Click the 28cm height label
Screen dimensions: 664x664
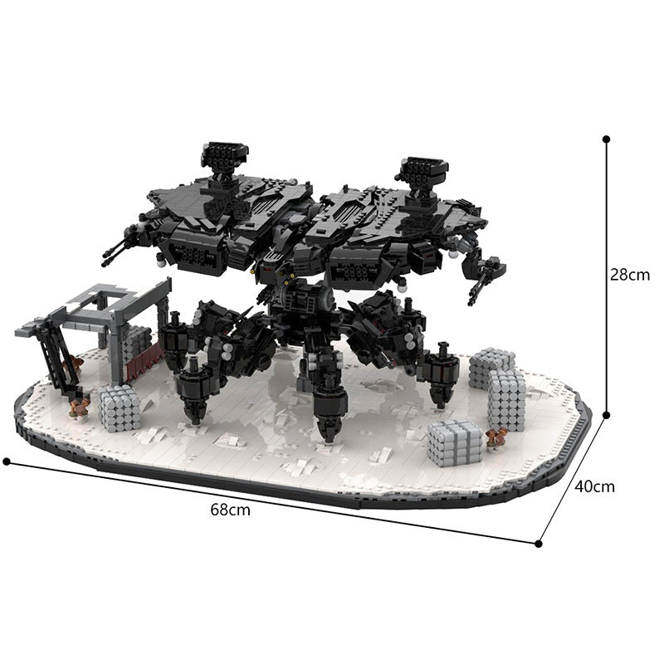[x=629, y=275]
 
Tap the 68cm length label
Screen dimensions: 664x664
[x=230, y=510]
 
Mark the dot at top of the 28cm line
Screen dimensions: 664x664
[x=607, y=140]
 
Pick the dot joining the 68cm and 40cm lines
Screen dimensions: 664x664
[x=539, y=544]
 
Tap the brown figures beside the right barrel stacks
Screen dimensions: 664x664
[x=496, y=439]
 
